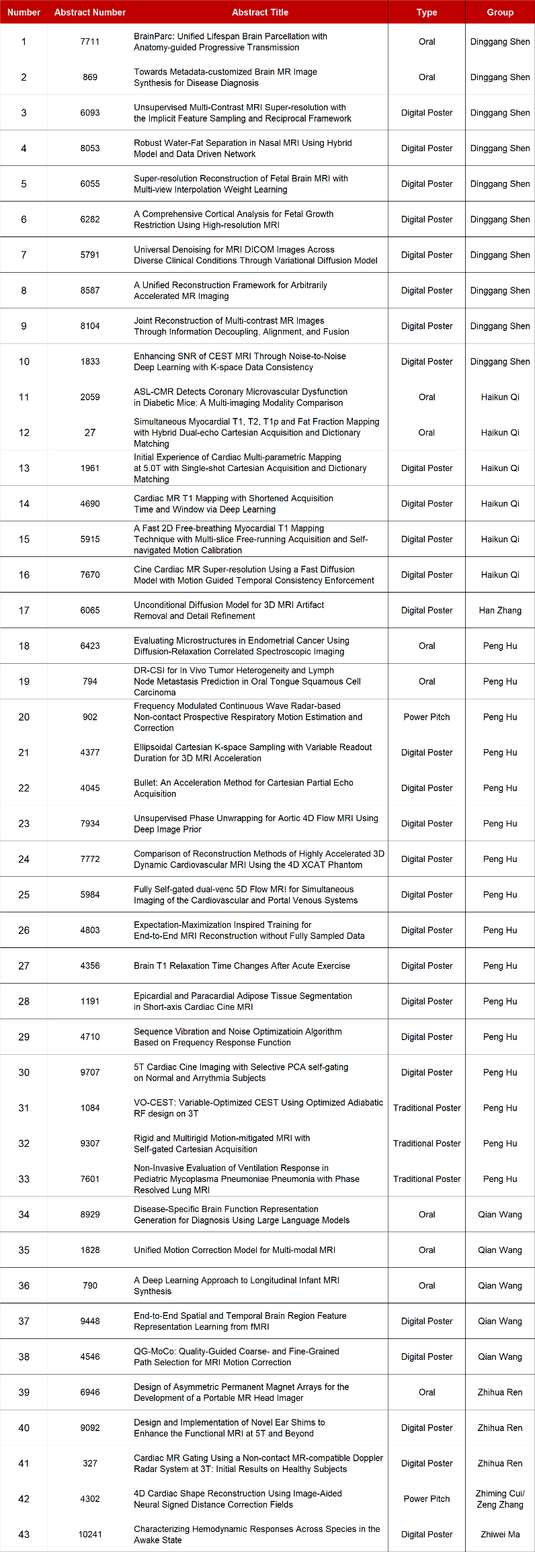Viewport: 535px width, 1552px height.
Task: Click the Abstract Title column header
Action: (260, 12)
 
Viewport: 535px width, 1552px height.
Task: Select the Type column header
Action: (427, 12)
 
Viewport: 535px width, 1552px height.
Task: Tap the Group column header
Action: (500, 12)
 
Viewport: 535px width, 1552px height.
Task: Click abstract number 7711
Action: (90, 42)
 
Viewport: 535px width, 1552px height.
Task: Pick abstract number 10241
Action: (90, 1534)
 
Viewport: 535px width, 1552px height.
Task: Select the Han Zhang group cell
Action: (500, 610)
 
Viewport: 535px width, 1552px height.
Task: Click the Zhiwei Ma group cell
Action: (500, 1534)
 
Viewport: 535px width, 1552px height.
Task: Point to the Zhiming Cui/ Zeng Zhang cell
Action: (500, 1498)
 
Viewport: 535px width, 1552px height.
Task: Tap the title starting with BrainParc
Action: (231, 42)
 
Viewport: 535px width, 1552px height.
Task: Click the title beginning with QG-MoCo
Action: (237, 1356)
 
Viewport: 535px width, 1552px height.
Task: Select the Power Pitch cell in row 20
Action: (427, 717)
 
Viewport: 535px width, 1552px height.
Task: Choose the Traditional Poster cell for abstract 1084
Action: (427, 1108)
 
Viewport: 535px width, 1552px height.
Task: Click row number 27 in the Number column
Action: (24, 965)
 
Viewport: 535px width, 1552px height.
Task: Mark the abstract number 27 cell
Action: (90, 433)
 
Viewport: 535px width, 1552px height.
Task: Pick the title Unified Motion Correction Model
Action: (235, 1250)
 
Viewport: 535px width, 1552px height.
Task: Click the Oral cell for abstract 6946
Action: (427, 1392)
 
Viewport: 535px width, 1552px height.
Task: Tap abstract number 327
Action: (90, 1463)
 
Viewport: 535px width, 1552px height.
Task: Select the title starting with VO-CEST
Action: (258, 1108)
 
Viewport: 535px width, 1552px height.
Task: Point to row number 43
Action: (24, 1534)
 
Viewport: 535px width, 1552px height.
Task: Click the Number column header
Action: (24, 12)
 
